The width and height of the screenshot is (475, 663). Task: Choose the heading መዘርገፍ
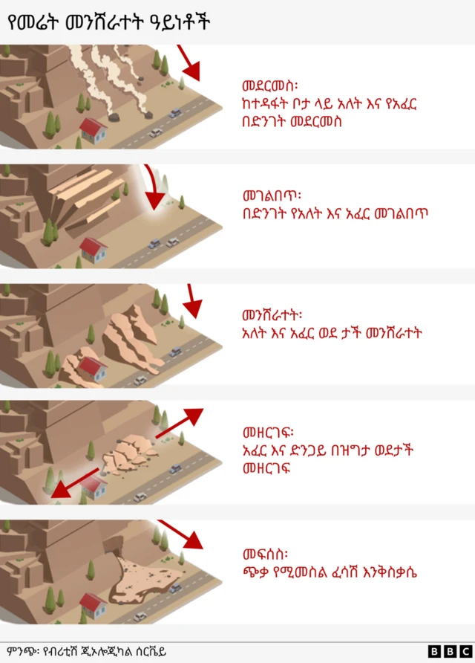point(268,433)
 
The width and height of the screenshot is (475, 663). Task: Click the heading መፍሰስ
point(265,554)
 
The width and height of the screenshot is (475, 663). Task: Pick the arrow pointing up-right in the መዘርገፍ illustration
point(180,421)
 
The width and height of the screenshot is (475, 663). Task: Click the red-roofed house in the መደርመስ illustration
point(93,129)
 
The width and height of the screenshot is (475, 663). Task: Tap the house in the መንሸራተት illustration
point(91,367)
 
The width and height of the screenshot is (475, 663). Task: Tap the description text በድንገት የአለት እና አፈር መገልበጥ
point(335,213)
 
